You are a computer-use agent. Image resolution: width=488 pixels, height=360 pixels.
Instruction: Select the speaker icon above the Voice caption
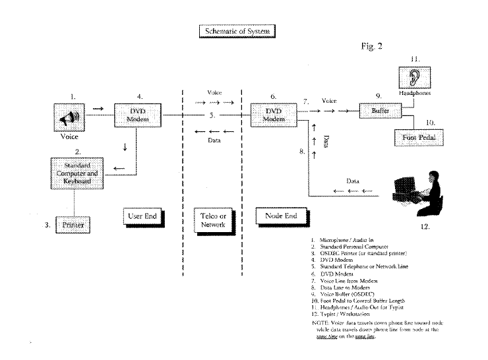69,119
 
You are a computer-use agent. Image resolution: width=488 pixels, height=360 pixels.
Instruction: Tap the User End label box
142,216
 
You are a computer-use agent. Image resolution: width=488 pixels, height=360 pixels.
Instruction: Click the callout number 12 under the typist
424,227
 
